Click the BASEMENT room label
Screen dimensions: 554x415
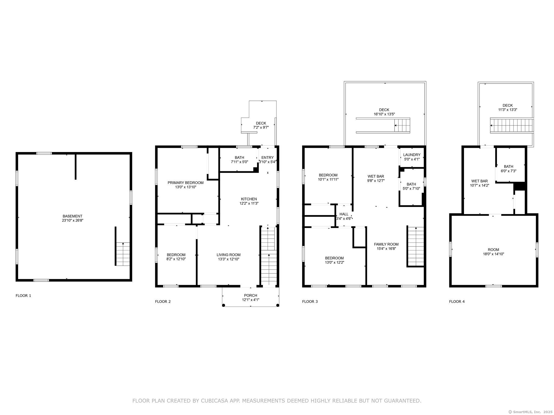[x=72, y=216]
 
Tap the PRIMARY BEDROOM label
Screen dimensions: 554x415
[x=186, y=183]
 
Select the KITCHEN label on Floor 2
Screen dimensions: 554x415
[x=249, y=199]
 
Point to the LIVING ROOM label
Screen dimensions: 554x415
[x=229, y=255]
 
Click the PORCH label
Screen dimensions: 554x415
[x=250, y=295]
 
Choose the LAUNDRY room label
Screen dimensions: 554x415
[x=412, y=155]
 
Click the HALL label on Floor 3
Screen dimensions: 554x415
[x=344, y=214]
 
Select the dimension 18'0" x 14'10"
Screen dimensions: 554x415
[x=493, y=254]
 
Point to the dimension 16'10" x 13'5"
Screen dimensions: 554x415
[x=384, y=114]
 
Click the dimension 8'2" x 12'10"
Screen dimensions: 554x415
[x=176, y=259]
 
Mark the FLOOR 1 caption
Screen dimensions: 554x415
[x=23, y=296]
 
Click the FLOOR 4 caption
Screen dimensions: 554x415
[x=457, y=302]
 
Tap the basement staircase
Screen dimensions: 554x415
[x=123, y=254]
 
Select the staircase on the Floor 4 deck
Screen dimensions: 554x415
[x=511, y=126]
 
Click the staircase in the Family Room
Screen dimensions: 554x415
[x=416, y=247]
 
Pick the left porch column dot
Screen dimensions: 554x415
[x=224, y=305]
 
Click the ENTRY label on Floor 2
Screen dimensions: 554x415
[x=268, y=158]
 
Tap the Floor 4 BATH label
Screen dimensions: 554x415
[x=509, y=166]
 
